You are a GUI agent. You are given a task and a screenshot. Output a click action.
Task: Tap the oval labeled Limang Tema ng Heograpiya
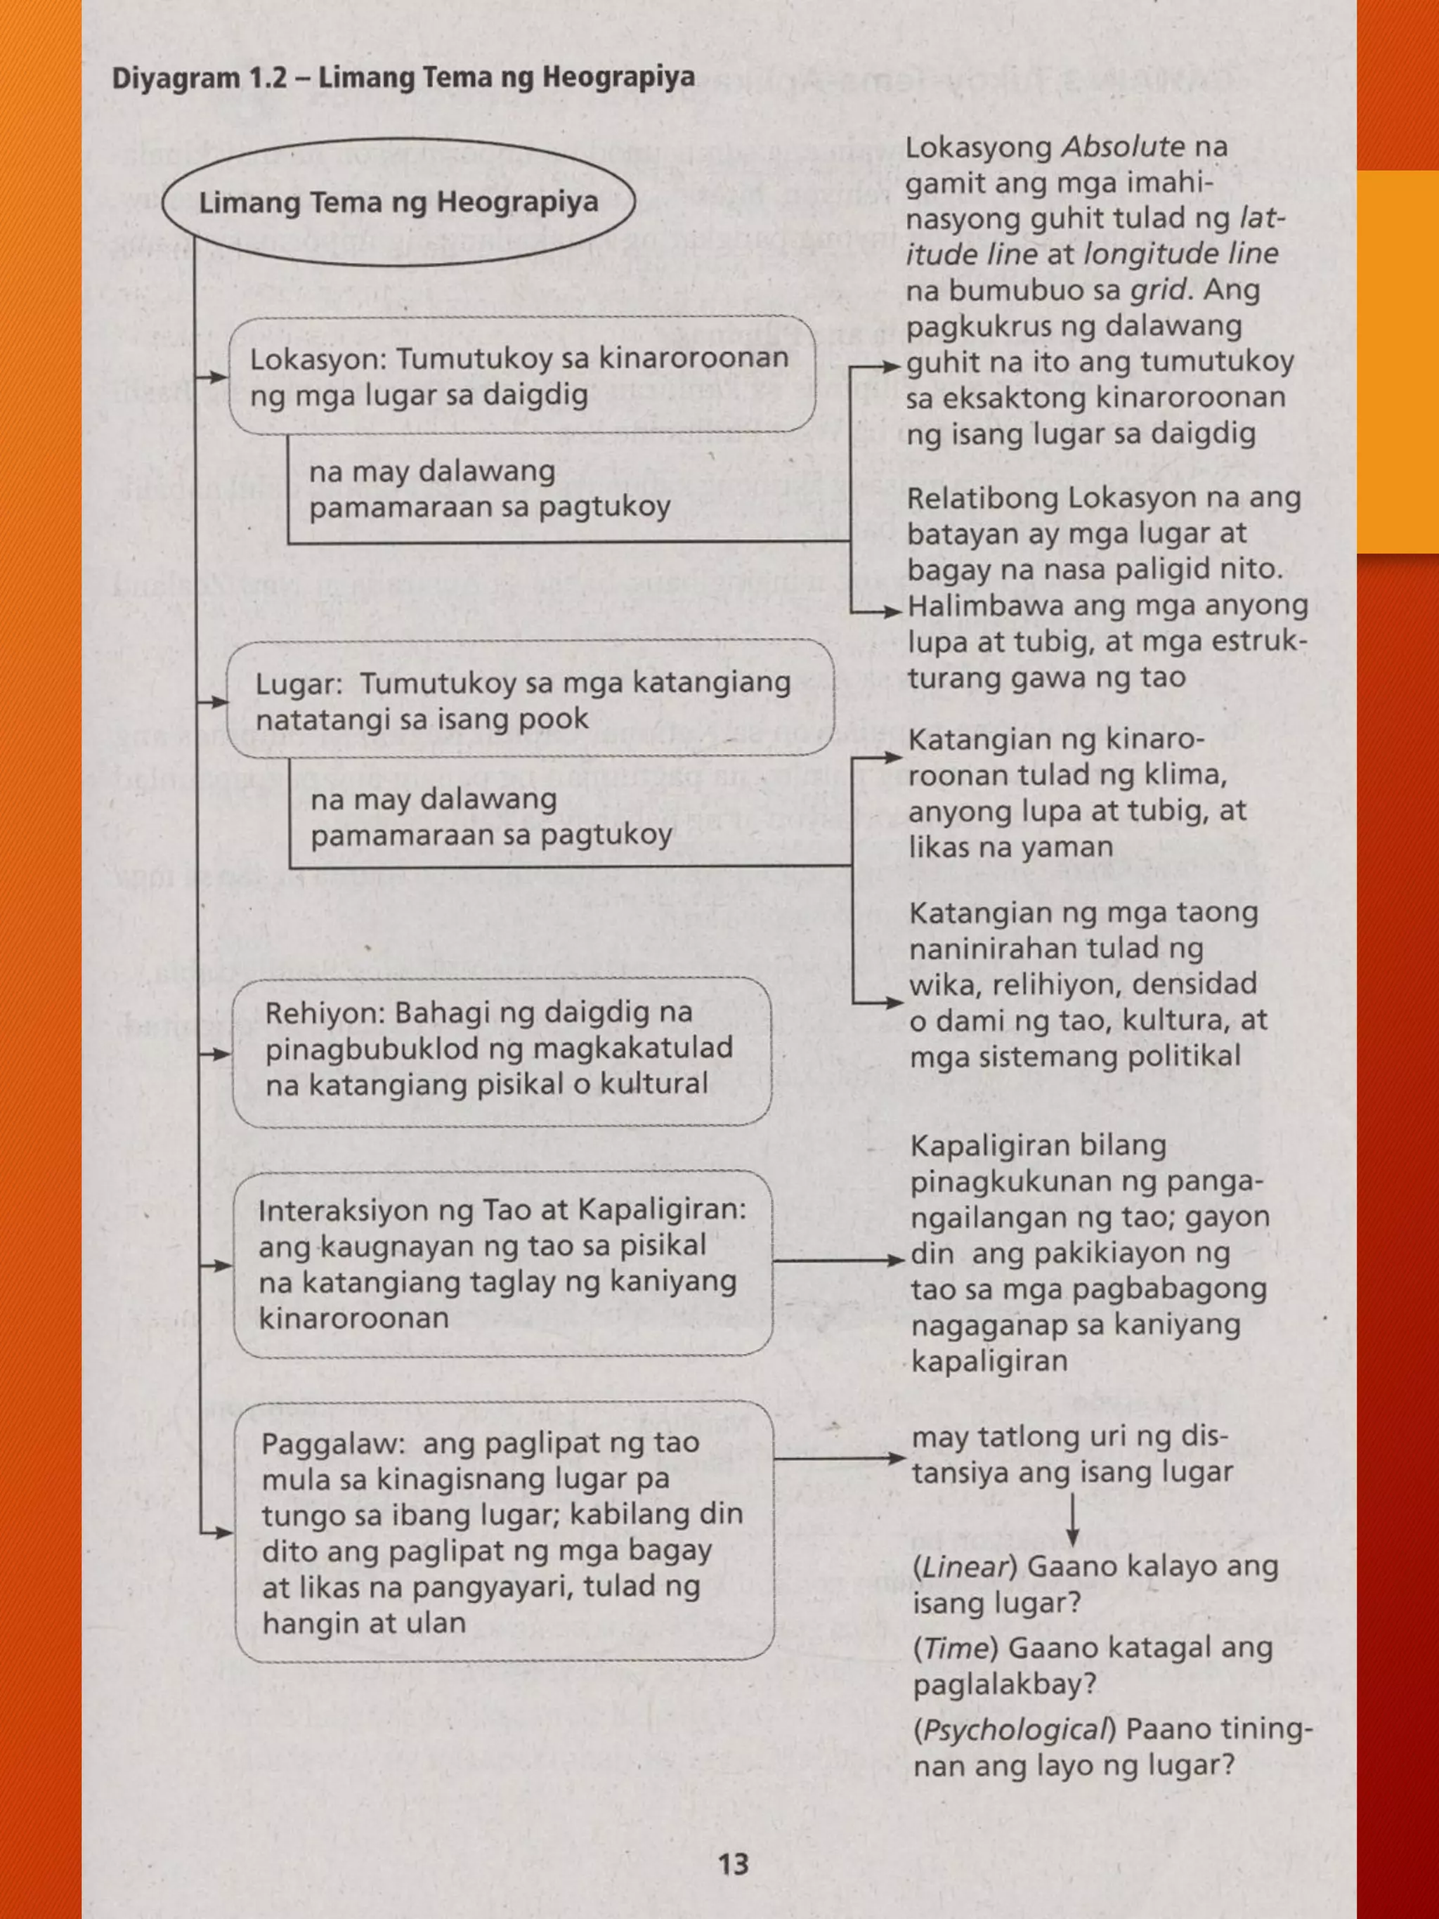coord(398,202)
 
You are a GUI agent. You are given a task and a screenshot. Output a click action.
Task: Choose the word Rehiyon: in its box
coord(326,1013)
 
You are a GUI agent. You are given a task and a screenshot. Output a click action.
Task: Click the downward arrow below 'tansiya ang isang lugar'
coord(1072,1520)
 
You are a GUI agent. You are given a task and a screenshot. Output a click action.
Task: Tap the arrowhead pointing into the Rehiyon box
coord(221,1054)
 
